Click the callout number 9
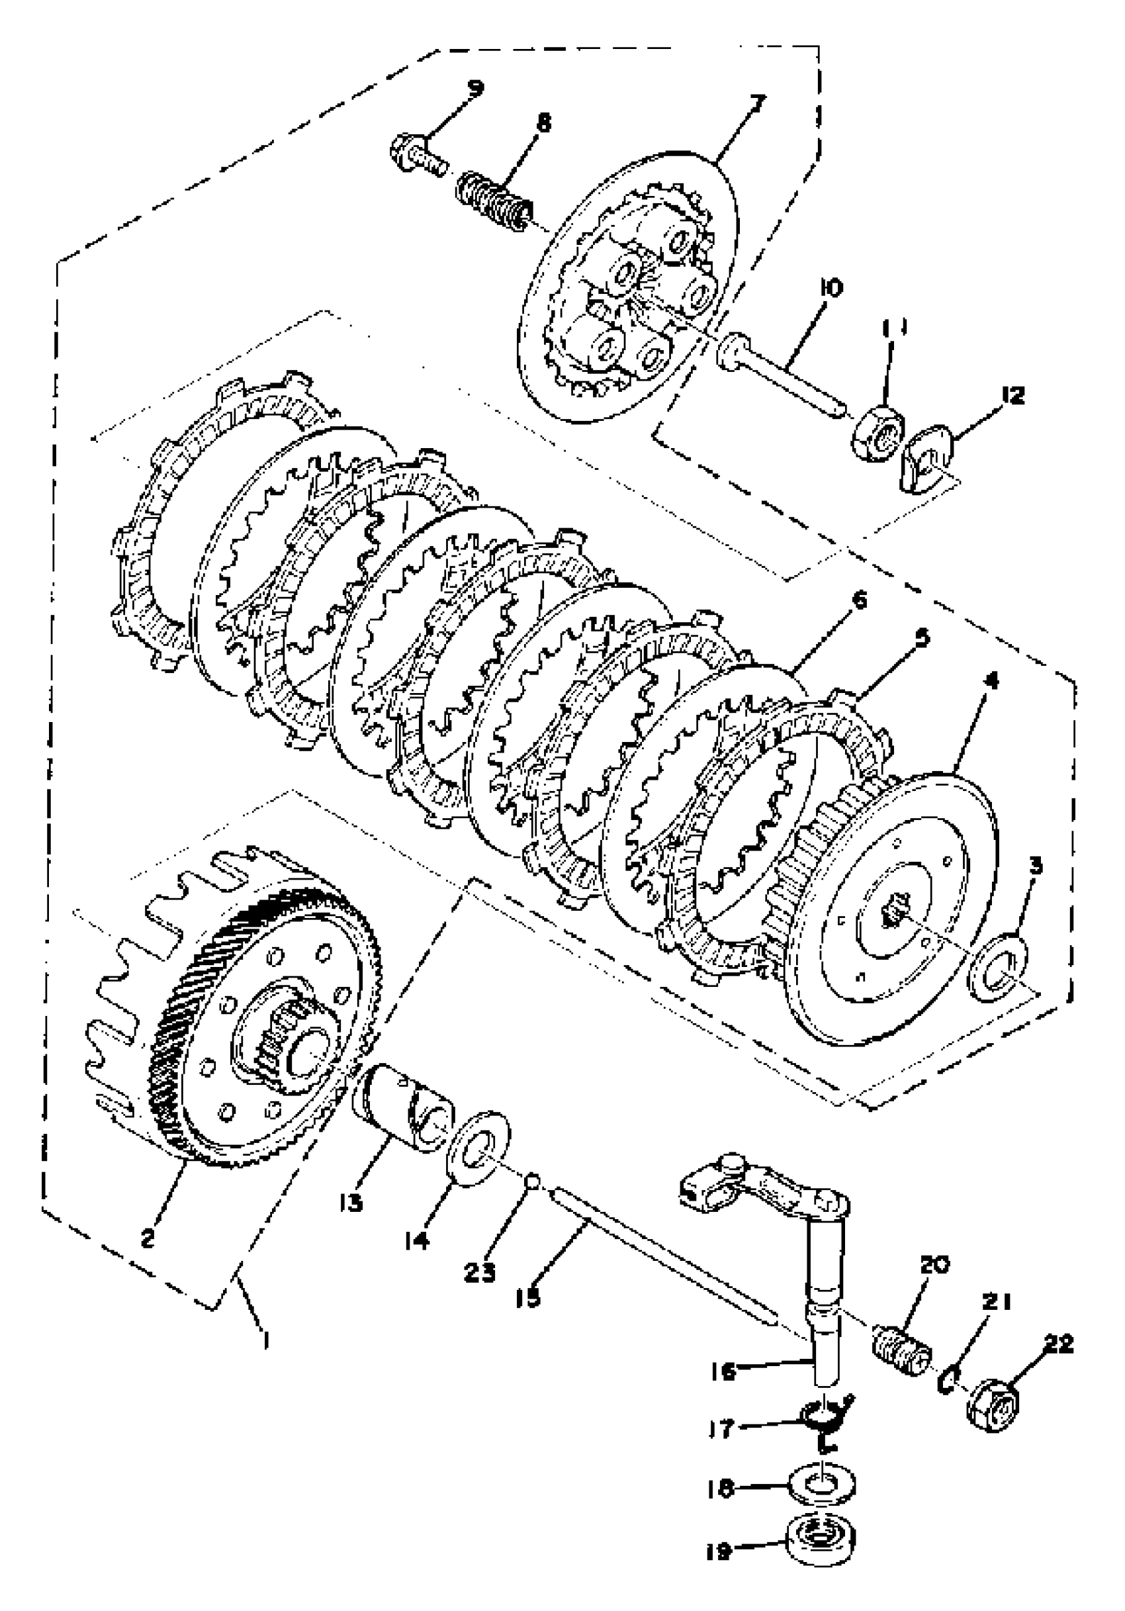point(476,89)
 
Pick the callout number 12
point(1012,396)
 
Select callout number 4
point(991,680)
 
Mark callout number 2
point(148,1238)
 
